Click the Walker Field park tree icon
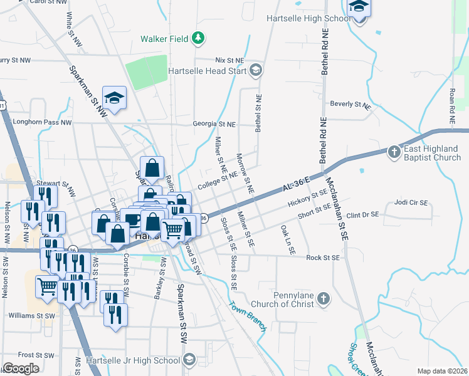tap(199, 39)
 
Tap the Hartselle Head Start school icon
tap(255, 70)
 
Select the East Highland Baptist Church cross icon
tap(393, 151)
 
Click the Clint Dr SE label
tap(362, 215)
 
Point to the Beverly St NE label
tap(350, 104)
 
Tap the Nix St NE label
tap(228, 60)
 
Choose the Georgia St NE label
tap(214, 125)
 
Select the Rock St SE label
tap(323, 258)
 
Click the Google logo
tap(21, 368)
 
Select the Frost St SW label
tap(36, 355)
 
